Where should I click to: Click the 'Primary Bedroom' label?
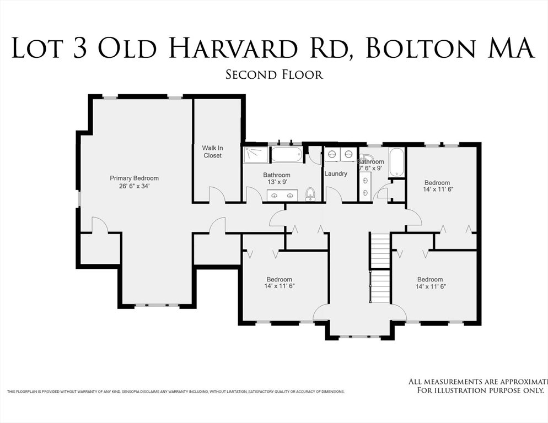[134, 178]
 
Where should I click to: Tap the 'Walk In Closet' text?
[212, 151]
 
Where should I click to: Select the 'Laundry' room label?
[336, 173]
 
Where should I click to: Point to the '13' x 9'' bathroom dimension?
[277, 182]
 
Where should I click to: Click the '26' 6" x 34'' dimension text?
[134, 186]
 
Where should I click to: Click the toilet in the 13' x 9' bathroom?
[310, 193]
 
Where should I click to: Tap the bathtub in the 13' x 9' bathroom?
[287, 154]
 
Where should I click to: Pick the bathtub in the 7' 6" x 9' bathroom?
[397, 162]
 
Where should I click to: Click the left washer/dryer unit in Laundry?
[332, 154]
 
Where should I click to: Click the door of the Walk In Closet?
[216, 194]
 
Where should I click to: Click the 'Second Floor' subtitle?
[274, 74]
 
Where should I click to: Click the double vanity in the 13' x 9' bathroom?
[282, 195]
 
